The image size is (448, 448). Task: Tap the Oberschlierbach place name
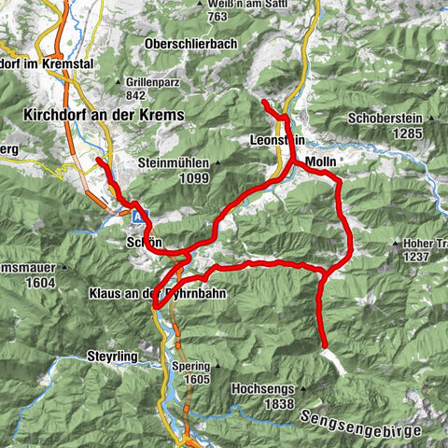191,43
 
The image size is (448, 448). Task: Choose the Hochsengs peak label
261,386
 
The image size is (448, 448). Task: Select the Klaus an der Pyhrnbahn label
157,293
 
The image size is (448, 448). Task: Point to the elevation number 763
217,16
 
